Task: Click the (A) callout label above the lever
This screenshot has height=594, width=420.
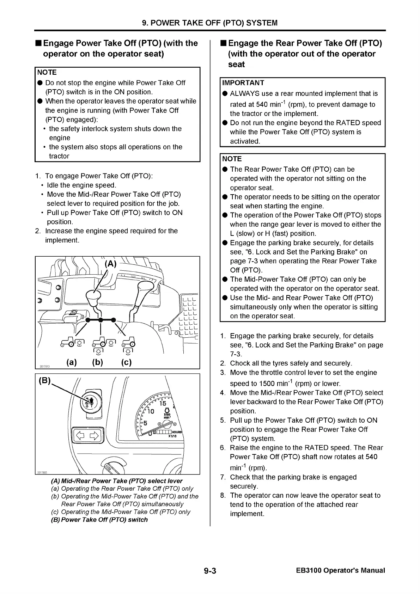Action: click(111, 264)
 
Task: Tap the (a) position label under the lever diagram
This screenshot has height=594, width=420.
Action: click(72, 362)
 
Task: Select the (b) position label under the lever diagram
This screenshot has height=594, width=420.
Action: click(98, 362)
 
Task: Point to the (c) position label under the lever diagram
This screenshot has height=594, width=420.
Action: click(126, 362)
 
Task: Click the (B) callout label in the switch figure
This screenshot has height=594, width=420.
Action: click(45, 381)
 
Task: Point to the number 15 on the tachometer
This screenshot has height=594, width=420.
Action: click(163, 403)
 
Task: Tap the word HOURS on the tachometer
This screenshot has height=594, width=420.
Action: click(177, 433)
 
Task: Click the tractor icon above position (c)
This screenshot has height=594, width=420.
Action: click(128, 342)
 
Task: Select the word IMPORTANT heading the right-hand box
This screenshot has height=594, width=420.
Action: click(243, 83)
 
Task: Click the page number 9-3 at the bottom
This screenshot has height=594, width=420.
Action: click(209, 571)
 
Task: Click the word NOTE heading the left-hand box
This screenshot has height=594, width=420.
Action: click(47, 72)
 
